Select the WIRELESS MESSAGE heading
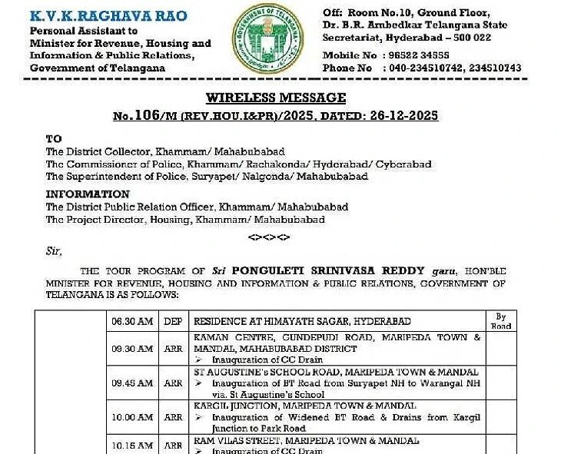[276, 98]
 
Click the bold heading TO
[53, 140]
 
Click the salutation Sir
[54, 250]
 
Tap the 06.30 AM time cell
[131, 321]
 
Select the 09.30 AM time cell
[131, 349]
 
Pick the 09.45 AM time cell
[131, 383]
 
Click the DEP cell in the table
[173, 321]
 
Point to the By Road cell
[501, 321]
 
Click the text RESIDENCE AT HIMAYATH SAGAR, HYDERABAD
[301, 321]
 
